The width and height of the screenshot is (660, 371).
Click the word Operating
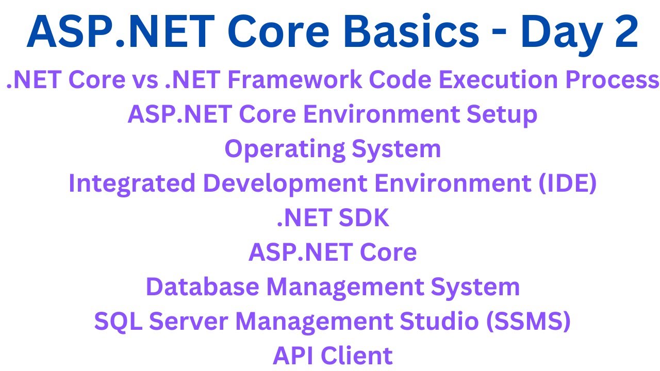(284, 149)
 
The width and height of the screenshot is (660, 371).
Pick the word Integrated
(132, 184)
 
